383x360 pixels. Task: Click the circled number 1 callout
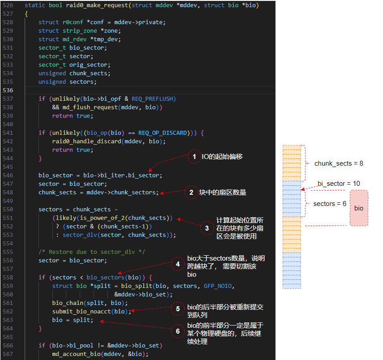pos(194,157)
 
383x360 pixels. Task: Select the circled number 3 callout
pos(207,228)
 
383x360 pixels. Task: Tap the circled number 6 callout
pos(178,331)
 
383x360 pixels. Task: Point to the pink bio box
pos(359,208)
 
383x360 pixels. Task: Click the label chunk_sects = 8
pos(339,163)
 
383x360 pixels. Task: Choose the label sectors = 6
pos(330,204)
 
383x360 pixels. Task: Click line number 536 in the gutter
pos(8,90)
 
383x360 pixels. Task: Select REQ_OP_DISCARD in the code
pos(163,133)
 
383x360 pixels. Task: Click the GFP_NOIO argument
pos(218,286)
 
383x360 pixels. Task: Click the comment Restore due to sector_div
pos(92,252)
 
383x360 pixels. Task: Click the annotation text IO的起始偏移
pos(222,157)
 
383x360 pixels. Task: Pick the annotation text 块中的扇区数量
pos(223,193)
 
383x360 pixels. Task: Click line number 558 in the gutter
pos(8,278)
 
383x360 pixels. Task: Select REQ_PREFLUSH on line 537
pos(152,99)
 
